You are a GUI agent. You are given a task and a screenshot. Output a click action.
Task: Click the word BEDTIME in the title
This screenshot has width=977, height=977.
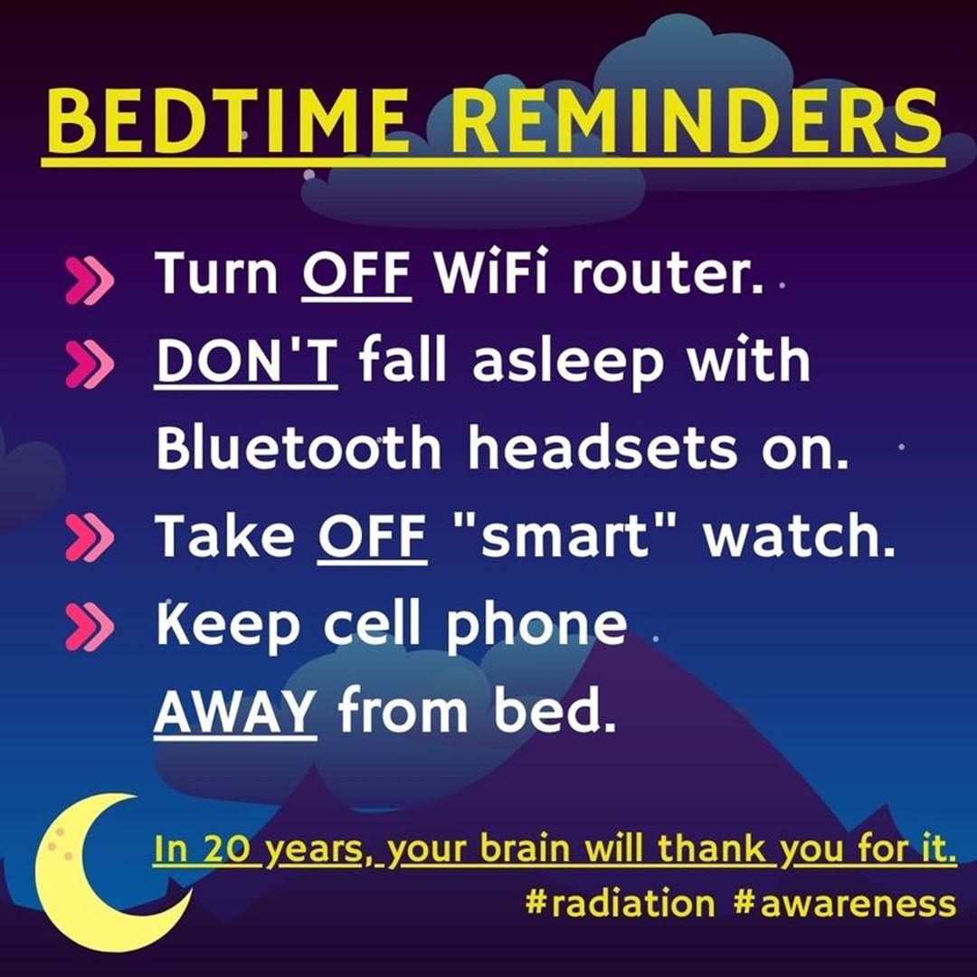[228, 120]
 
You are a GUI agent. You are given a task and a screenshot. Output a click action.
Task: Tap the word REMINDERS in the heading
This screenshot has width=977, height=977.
[696, 120]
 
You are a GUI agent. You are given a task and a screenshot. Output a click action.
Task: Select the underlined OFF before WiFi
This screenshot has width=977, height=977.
[356, 273]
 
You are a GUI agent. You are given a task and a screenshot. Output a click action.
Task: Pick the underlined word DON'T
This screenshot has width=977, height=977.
[246, 361]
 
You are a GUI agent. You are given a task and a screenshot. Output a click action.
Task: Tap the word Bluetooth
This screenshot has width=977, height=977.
[299, 447]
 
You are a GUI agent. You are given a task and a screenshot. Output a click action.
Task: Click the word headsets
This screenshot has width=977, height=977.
[602, 447]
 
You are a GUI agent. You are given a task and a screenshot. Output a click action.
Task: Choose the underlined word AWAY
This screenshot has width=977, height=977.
[234, 711]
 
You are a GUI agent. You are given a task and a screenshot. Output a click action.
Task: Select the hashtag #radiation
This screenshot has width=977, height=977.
[620, 903]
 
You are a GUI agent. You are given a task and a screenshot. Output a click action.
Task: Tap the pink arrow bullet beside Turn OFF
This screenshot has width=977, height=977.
[89, 281]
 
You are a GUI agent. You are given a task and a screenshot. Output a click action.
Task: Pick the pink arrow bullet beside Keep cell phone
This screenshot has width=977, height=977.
[89, 626]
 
